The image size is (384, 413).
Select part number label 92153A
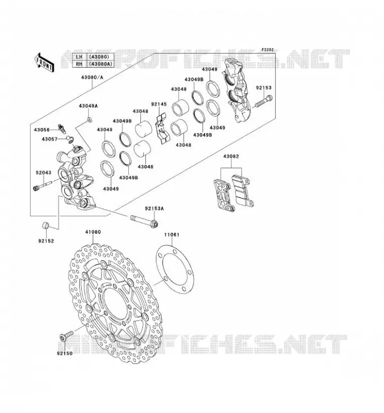coord(154,209)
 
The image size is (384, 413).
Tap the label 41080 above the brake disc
coord(93,232)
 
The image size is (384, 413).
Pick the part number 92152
coord(46,241)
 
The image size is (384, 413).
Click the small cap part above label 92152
coord(46,226)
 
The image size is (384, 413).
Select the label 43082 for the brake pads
coord(231,156)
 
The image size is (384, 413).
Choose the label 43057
coord(49,139)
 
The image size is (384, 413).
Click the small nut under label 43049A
coord(90,120)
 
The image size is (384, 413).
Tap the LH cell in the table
coord(79,57)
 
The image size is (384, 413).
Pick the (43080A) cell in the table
coord(100,63)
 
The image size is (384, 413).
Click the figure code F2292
coord(268,50)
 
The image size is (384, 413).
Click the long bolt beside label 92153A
coord(144,221)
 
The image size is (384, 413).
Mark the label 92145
coord(159,104)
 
